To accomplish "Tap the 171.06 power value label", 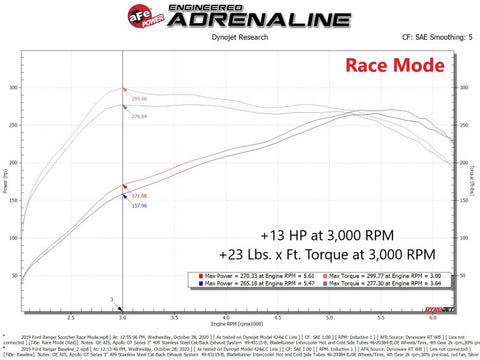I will [x=139, y=196].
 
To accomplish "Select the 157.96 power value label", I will [x=139, y=207].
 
